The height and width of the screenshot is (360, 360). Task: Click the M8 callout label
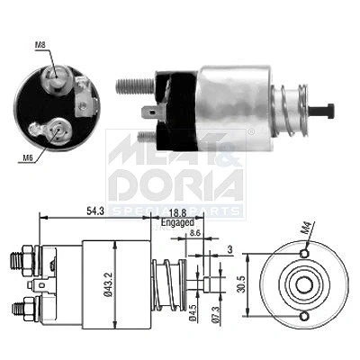click(40, 45)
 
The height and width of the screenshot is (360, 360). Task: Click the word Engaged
click(177, 223)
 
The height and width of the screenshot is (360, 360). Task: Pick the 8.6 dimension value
click(194, 233)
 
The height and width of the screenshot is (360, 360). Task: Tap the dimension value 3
click(230, 249)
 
